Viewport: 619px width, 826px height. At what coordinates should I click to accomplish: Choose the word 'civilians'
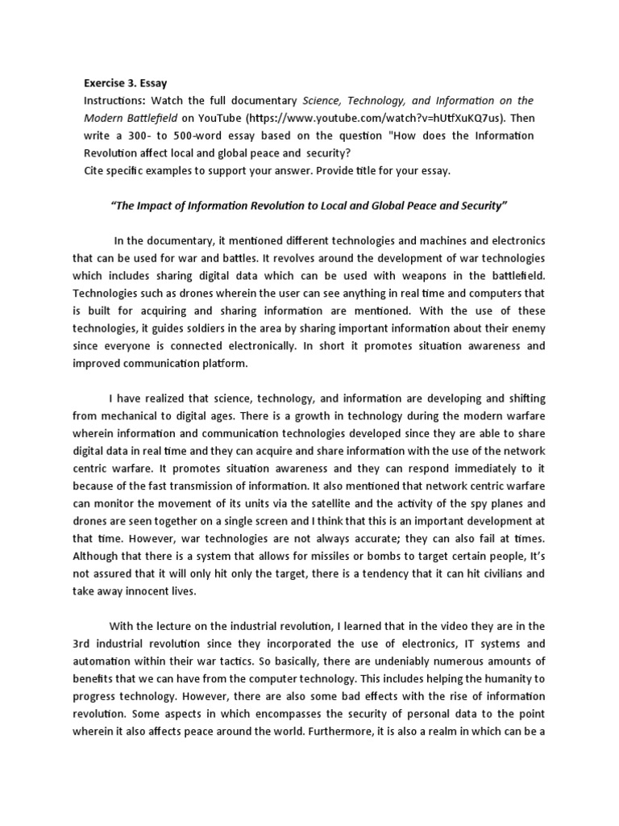tap(499, 574)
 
